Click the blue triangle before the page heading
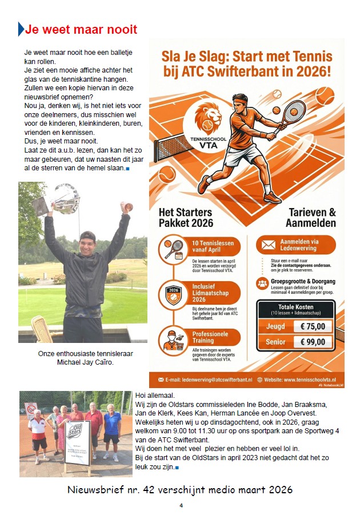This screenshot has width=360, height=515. pos(21,29)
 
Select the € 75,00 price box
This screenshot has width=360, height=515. pos(313,326)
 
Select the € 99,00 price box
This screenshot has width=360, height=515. pos(313,342)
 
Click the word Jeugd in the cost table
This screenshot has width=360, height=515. pos(275,326)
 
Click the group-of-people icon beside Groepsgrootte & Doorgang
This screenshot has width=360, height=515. pos(262,283)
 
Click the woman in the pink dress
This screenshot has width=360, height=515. pos(62,432)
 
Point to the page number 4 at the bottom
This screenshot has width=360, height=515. pos(181,505)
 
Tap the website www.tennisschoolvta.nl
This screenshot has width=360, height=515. pos(304,379)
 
